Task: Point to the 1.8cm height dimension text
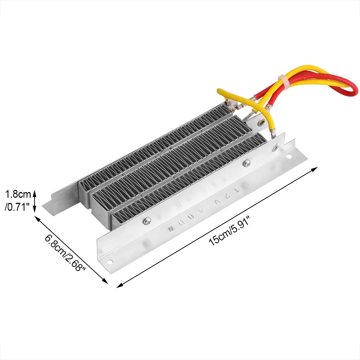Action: pyautogui.click(x=18, y=195)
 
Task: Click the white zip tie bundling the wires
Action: pyautogui.click(x=283, y=81)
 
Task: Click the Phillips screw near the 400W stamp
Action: pyautogui.click(x=147, y=221)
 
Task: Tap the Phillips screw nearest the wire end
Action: pyautogui.click(x=247, y=163)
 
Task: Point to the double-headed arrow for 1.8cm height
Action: pyautogui.click(x=35, y=201)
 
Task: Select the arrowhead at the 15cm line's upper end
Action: pyautogui.click(x=317, y=168)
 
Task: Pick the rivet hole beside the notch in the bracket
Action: pyautogui.click(x=275, y=148)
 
